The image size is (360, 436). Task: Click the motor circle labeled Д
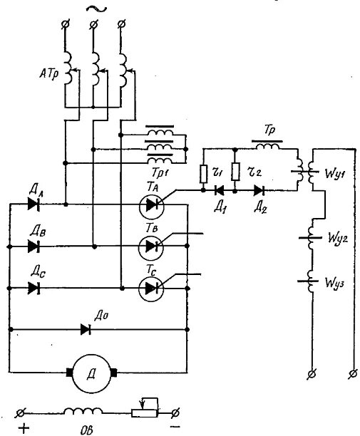tap(91, 373)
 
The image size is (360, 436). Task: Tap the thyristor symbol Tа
tap(151, 206)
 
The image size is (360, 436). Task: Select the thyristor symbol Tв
tap(151, 246)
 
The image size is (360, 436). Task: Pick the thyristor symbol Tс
tap(151, 289)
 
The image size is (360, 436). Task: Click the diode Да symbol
tap(34, 204)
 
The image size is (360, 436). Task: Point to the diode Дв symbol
tap(34, 246)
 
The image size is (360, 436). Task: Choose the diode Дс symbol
tap(34, 288)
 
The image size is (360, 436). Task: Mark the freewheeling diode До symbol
tap(86, 329)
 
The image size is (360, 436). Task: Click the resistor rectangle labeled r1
tap(203, 174)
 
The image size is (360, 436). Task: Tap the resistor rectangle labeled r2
tap(235, 172)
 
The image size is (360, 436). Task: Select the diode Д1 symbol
tap(220, 190)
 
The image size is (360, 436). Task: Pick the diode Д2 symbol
tap(259, 190)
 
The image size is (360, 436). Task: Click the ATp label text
tap(49, 75)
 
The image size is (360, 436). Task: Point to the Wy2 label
tap(337, 238)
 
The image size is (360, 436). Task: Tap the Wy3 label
tap(335, 283)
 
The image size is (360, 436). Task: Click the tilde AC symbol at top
tap(96, 9)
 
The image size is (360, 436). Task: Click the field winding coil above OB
tap(83, 411)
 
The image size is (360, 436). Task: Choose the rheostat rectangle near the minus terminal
tap(145, 413)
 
